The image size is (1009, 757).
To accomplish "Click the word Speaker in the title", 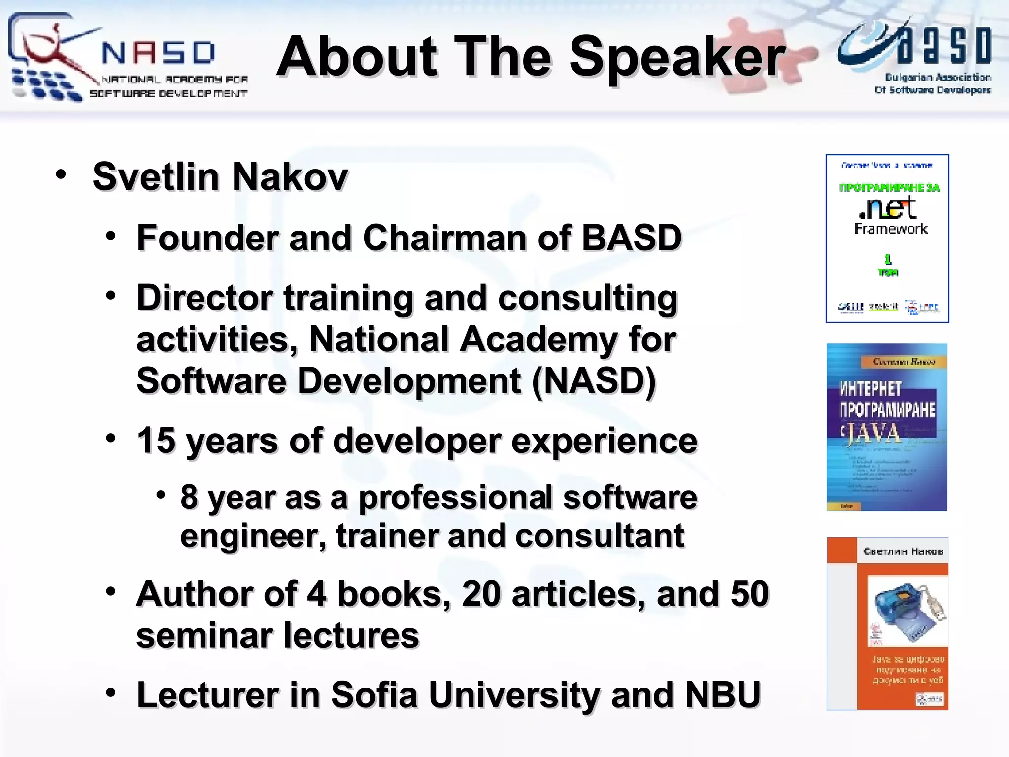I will (x=677, y=58).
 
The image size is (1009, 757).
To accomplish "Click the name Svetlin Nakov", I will (x=220, y=176).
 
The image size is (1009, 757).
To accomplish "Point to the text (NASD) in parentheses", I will (x=593, y=381).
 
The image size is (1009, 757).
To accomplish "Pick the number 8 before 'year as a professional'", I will (x=189, y=497).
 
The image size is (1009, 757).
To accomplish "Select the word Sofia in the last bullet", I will (x=374, y=695).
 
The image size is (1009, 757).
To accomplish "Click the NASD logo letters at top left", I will (x=158, y=53).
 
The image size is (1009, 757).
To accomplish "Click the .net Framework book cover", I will (x=887, y=239).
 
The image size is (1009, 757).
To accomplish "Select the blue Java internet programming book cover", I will (x=887, y=427).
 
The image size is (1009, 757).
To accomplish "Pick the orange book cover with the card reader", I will (x=887, y=623).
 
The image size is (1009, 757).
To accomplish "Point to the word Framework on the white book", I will (x=891, y=229).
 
